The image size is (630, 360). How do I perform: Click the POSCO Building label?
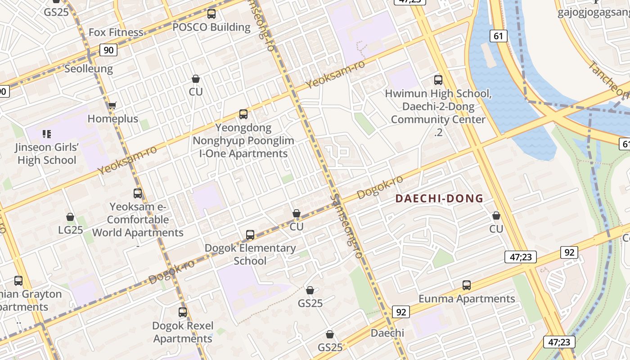211,27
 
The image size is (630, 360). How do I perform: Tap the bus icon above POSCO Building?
211,14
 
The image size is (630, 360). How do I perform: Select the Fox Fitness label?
116,32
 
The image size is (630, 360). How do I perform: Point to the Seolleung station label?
89,69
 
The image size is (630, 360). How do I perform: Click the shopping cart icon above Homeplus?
112,106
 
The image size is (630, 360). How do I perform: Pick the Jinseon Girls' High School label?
47,153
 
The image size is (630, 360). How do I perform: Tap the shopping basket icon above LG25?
70,217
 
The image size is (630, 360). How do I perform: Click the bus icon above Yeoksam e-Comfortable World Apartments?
138,193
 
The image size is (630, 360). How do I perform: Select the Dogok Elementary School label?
250,254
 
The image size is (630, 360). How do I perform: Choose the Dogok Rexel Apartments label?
183,332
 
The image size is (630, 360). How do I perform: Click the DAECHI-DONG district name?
439,198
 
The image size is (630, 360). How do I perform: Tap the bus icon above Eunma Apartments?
467,285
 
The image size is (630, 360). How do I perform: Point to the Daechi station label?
387,333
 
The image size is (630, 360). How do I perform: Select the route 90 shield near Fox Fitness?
108,50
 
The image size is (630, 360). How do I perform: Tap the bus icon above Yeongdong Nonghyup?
243,114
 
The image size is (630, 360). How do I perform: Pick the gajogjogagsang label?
594,12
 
